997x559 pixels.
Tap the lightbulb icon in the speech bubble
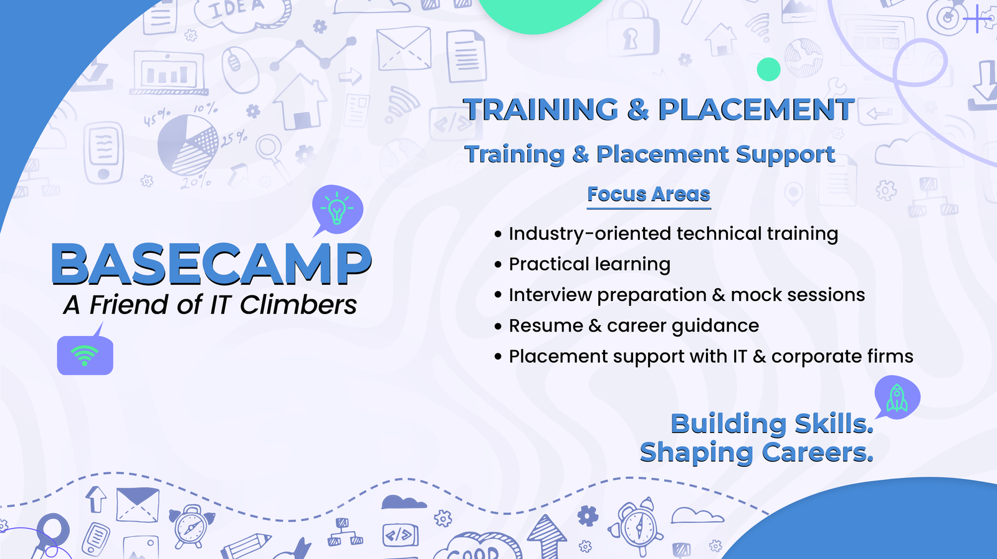pos(337,209)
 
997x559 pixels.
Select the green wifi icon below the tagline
pos(85,356)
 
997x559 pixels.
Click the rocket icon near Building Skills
pos(897,398)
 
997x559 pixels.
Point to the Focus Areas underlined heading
pos(648,194)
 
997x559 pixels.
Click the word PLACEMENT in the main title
pos(756,110)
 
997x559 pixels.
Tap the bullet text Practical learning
pos(589,264)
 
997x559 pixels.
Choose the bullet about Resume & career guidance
pos(633,326)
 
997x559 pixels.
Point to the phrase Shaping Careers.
pos(756,452)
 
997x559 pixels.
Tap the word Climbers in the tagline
pos(298,305)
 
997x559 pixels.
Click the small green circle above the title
pos(768,69)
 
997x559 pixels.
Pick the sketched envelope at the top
pos(404,48)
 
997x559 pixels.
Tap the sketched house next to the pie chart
pos(300,102)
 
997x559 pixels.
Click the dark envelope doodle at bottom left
pos(138,504)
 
